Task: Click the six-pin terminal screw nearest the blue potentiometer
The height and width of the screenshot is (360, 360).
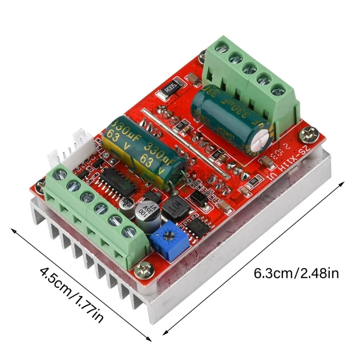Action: tap(130, 232)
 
